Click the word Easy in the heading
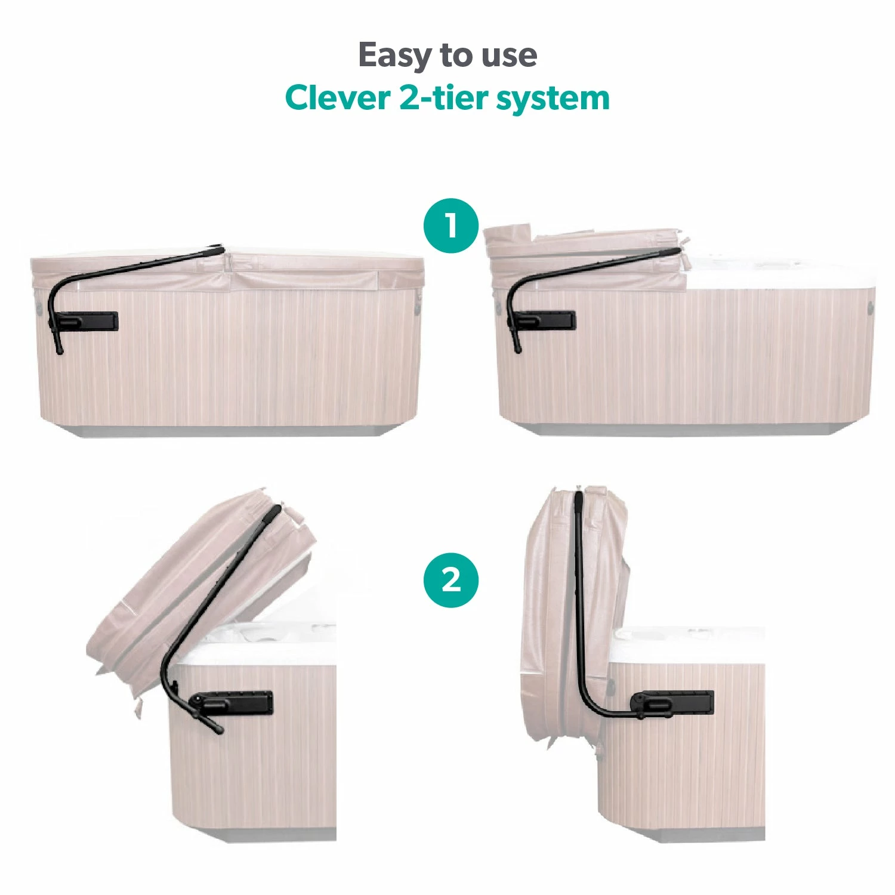tap(396, 55)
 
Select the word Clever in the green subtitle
tap(337, 98)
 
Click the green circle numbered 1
tap(451, 226)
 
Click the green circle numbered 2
tap(451, 580)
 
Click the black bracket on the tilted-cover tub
tap(239, 703)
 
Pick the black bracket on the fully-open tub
tap(680, 702)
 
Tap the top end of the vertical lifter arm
tap(578, 495)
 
